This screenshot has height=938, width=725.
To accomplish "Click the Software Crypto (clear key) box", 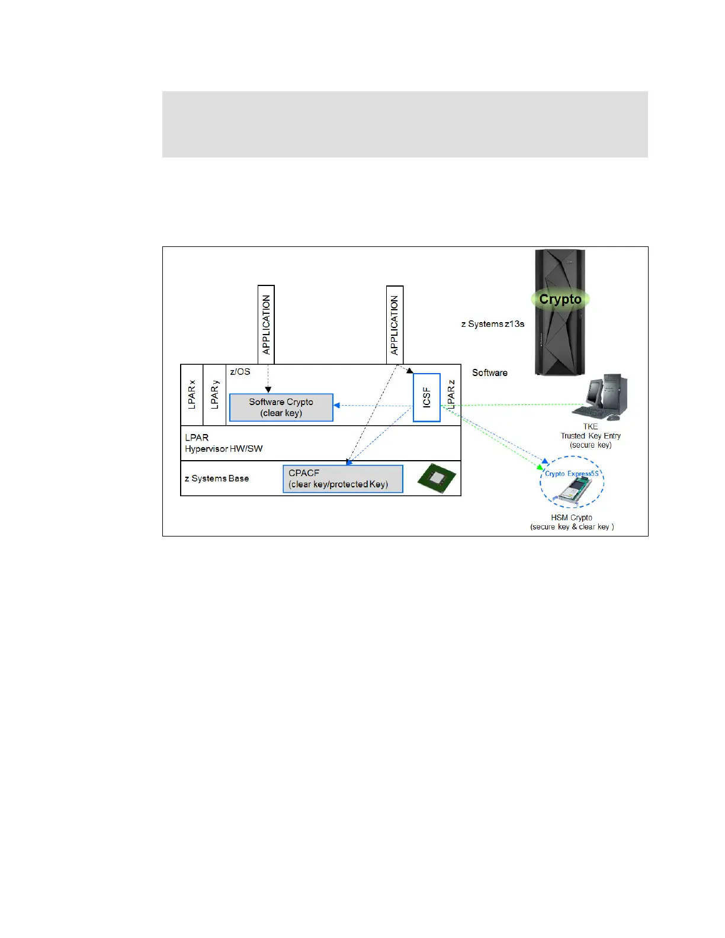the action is (281, 407).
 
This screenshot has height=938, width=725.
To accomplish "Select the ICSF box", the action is (426, 397).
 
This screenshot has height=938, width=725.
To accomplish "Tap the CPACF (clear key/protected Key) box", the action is (342, 478).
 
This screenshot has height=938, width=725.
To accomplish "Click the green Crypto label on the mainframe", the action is (560, 300).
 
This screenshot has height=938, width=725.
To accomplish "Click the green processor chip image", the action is (437, 478).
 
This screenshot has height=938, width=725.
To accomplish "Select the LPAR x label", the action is (192, 394).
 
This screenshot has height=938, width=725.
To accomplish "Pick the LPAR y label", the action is (214, 394).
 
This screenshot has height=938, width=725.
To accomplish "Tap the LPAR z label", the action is (451, 394).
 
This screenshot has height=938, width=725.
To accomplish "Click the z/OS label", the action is (240, 372).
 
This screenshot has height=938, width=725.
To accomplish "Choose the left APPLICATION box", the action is (266, 325).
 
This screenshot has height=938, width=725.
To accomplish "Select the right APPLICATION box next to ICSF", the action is (394, 325).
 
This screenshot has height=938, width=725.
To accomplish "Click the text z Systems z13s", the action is (493, 324).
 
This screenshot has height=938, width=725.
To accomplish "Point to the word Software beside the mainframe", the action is (490, 372).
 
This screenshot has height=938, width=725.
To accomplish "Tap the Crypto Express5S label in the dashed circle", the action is (572, 474).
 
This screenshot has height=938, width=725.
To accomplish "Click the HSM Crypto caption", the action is (572, 518).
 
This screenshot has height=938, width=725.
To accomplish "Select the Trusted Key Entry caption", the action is (591, 436).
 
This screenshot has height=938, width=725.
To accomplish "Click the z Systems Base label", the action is (217, 478).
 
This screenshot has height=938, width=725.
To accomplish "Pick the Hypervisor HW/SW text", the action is (224, 449).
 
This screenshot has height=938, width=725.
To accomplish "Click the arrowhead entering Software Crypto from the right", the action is (336, 406).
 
